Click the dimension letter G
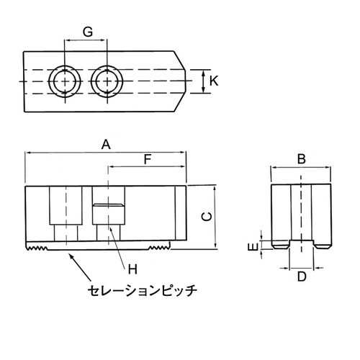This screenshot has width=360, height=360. click(86, 32)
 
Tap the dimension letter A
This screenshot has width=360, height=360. click(105, 145)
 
